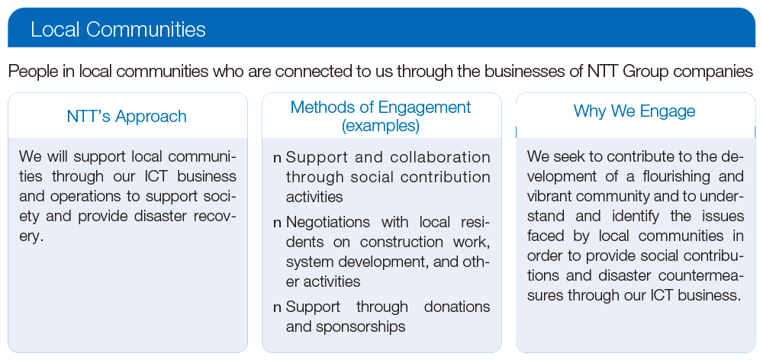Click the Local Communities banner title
click(x=118, y=30)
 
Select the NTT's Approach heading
click(x=127, y=117)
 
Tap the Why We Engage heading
click(x=634, y=111)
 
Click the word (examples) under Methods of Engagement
click(x=381, y=125)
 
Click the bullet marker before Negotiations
click(x=278, y=223)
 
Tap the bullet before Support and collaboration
click(x=278, y=158)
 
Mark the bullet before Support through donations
click(x=278, y=307)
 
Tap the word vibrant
click(x=552, y=196)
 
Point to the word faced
click(x=546, y=236)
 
